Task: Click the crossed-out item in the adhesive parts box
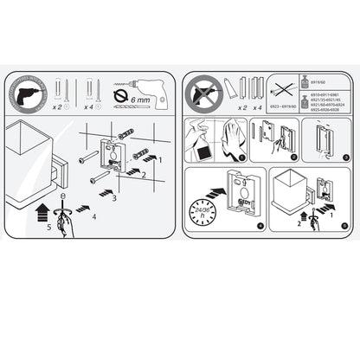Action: (x=283, y=87)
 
